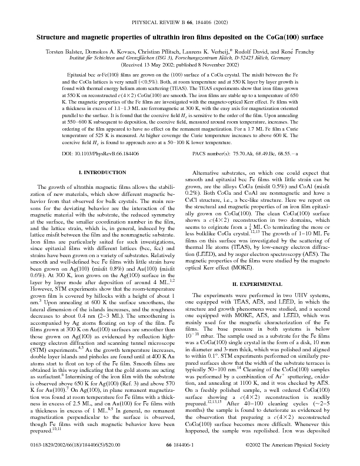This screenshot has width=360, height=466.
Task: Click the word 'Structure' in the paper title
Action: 54,37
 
